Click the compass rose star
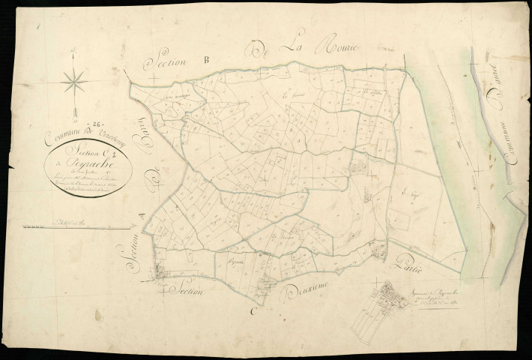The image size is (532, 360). tap(74, 82)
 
